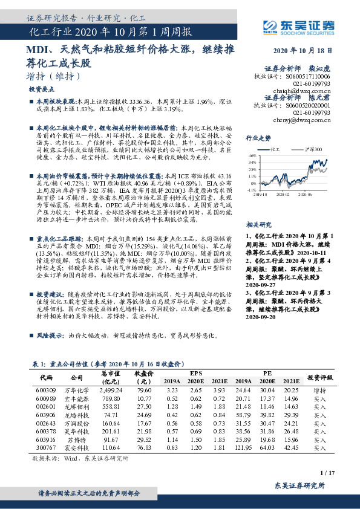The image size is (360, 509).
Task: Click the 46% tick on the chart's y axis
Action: [x=252, y=155]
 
